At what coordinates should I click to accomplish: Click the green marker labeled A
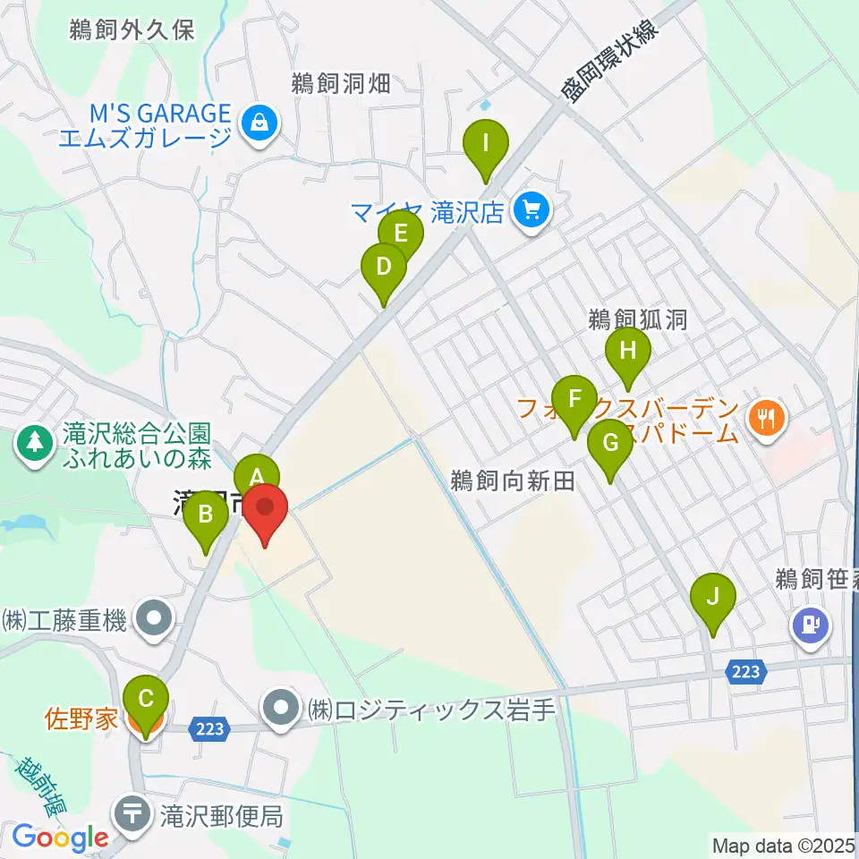[x=257, y=475]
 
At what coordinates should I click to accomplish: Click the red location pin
[x=265, y=512]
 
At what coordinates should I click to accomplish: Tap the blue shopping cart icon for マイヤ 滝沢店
[x=532, y=212]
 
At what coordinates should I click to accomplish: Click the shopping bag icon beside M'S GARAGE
[x=259, y=122]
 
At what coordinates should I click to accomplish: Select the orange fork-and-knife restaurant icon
[x=767, y=416]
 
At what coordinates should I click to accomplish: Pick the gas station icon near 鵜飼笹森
[x=811, y=623]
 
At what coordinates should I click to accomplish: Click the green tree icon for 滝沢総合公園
[x=34, y=441]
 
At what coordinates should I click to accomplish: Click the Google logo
[x=60, y=838]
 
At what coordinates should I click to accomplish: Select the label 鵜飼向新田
[x=511, y=481]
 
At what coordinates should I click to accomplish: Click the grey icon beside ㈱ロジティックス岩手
[x=282, y=710]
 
